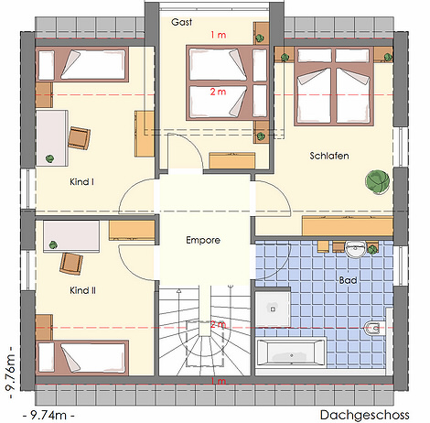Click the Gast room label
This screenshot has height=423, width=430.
(x=181, y=22)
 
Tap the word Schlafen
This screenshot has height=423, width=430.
(x=329, y=156)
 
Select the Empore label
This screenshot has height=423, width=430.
(x=203, y=240)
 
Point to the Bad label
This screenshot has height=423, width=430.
(x=348, y=280)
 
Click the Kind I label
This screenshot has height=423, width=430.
(x=81, y=182)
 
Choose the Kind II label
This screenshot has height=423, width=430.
(x=82, y=290)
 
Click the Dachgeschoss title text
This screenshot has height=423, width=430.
(x=364, y=415)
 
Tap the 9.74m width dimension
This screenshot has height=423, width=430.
(x=48, y=415)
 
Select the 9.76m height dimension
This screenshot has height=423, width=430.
(x=11, y=373)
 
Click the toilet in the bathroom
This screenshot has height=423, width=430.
(x=373, y=329)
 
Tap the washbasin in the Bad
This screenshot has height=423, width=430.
(x=355, y=249)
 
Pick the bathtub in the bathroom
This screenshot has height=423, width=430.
(x=290, y=352)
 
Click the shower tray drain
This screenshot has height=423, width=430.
(x=273, y=309)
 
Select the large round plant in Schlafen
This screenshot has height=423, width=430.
(x=378, y=181)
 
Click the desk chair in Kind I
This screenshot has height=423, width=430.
(x=79, y=138)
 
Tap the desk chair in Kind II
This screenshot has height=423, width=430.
(x=71, y=264)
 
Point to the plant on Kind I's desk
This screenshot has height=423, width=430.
(x=49, y=158)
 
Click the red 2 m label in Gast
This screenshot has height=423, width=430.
(x=218, y=92)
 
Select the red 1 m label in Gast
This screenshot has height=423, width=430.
(x=219, y=35)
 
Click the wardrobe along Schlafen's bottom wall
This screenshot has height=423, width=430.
(x=348, y=225)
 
